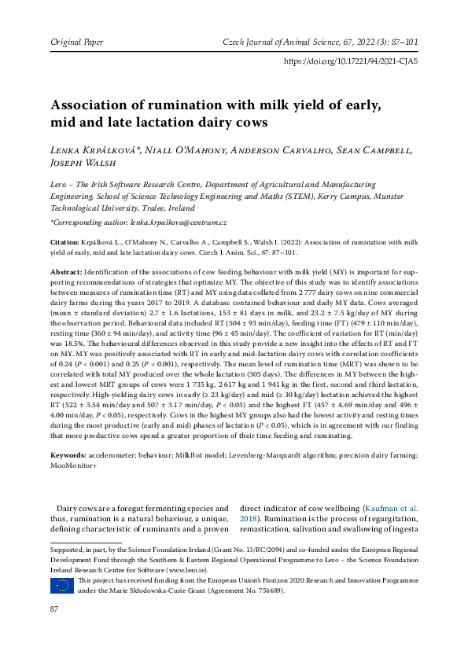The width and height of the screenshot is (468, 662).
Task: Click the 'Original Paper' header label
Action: (x=76, y=40)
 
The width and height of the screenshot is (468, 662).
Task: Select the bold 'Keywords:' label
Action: (x=70, y=455)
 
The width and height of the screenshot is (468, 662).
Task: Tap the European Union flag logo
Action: (x=62, y=584)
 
